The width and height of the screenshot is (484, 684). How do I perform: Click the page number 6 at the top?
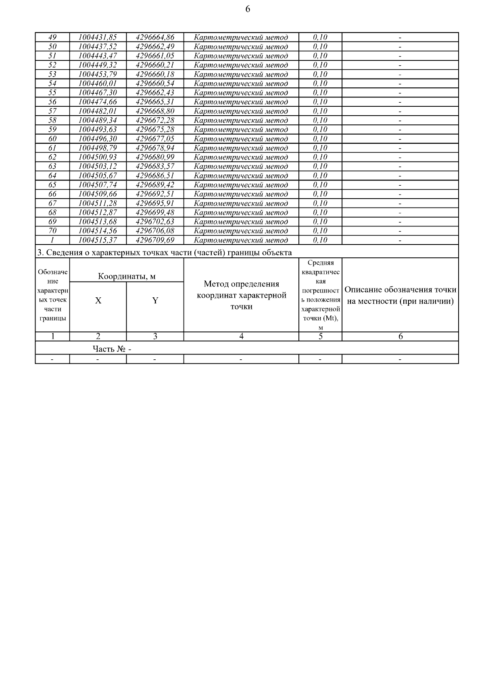point(248,9)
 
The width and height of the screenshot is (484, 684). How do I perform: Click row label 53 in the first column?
point(52,74)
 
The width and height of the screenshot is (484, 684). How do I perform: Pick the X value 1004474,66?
point(98,102)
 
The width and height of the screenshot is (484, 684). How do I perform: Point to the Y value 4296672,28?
point(155,120)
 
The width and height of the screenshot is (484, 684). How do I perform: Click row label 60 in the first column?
point(52,139)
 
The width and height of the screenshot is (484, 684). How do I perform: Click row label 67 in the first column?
point(52,203)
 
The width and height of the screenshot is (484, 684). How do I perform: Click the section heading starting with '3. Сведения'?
point(164,253)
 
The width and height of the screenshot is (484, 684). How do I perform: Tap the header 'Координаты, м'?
point(127,276)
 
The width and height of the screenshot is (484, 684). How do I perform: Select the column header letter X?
point(98,301)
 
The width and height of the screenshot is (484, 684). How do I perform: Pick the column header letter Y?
point(155,301)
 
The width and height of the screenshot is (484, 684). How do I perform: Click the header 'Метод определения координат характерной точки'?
point(241,295)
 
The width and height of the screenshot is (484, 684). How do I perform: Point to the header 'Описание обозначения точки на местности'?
point(400,295)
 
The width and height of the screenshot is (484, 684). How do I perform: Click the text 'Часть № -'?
point(112,349)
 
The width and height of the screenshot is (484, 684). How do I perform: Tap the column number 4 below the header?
point(241,337)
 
